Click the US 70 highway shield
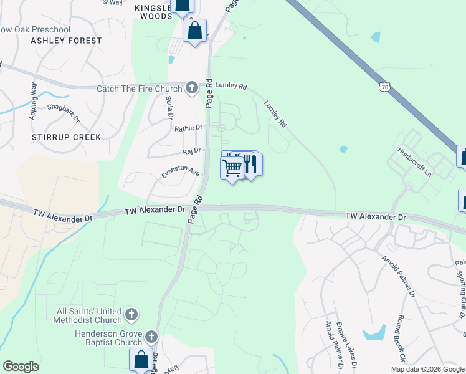click(385, 87)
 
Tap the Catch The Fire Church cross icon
click(192, 89)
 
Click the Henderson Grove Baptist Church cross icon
click(151, 338)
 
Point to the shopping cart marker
click(232, 168)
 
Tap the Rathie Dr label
click(188, 128)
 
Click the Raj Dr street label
click(191, 151)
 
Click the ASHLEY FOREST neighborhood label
click(66, 41)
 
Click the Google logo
click(21, 366)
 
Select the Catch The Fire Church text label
click(140, 89)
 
